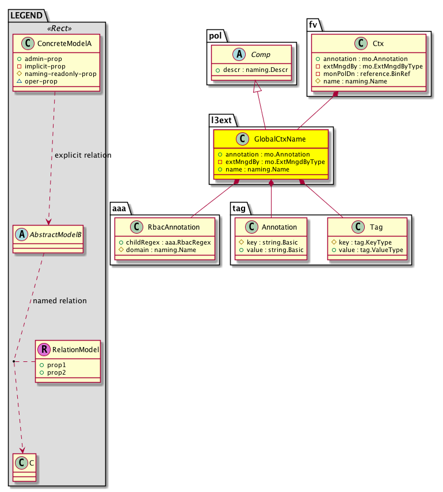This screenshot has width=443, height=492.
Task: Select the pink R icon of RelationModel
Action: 43,348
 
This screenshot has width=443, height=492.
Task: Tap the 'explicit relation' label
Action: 83,155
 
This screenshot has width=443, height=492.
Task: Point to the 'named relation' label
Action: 60,300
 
